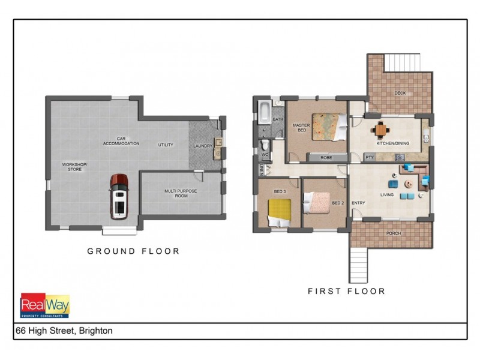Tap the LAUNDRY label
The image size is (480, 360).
203,146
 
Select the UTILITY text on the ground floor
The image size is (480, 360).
166,145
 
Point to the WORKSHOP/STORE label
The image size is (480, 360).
75,167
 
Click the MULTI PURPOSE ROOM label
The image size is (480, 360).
181,193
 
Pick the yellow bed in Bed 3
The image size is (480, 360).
278,211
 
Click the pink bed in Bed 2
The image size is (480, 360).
317,203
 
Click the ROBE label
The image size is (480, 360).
326,158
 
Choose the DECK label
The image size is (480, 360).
400,93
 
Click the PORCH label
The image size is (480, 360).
394,233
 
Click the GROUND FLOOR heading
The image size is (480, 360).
133,251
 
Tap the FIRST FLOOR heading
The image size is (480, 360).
346,292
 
